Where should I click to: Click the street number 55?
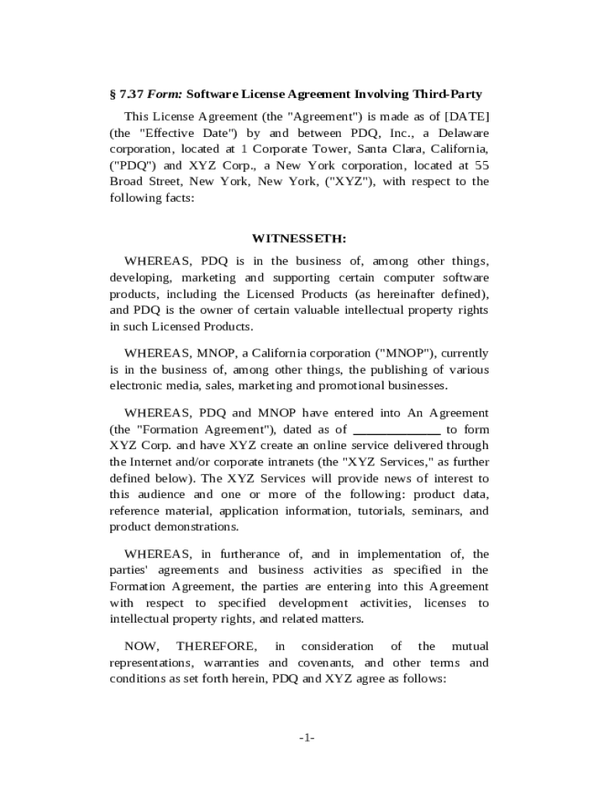(482, 165)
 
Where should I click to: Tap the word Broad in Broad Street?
(128, 181)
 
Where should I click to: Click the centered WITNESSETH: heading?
(299, 238)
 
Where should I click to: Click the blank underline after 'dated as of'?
(397, 429)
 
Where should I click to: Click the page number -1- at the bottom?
(306, 737)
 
